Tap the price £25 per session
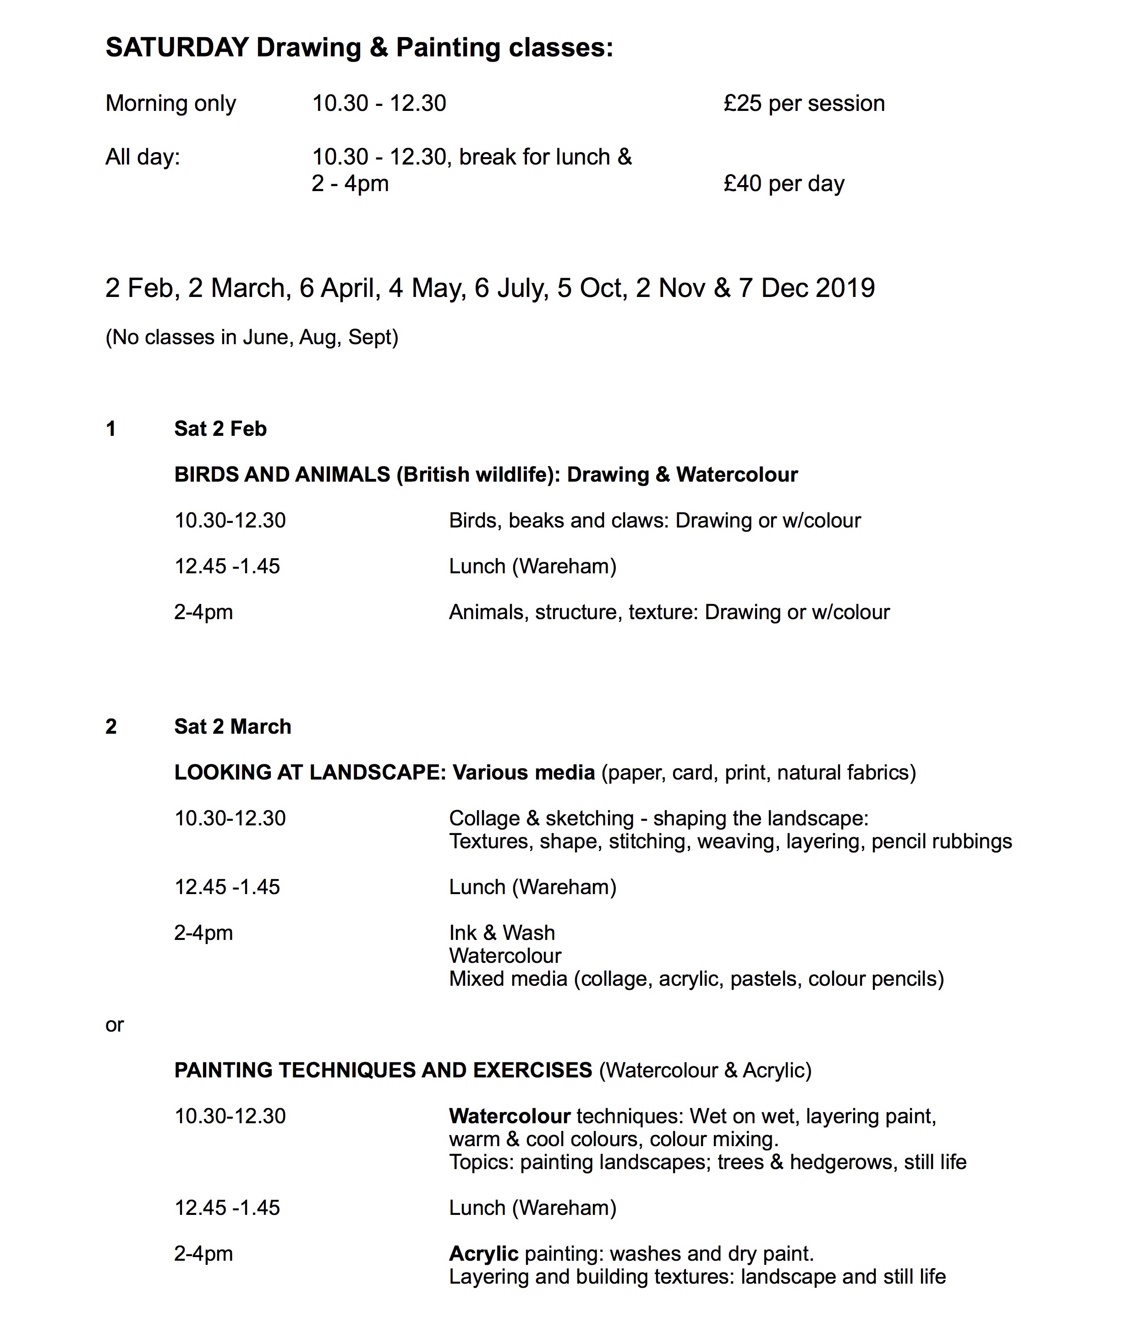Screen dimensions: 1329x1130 point(803,104)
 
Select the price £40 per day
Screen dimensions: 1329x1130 point(784,184)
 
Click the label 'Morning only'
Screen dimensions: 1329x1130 point(170,104)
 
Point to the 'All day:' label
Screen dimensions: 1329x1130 point(142,157)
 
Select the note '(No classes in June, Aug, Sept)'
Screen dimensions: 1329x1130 point(252,338)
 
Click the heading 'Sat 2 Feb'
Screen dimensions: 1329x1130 point(220,428)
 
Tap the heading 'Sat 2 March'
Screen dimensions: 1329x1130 point(232,726)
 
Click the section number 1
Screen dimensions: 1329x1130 point(111,428)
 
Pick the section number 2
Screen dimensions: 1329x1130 point(111,726)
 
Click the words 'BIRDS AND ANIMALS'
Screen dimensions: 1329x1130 point(282,475)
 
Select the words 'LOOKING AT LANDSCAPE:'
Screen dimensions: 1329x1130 point(310,772)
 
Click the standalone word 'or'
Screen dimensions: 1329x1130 point(114,1024)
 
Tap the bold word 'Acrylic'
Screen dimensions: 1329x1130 point(483,1253)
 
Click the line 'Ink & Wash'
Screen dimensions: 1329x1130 point(502,933)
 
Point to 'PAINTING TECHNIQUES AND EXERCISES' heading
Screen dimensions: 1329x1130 point(383,1070)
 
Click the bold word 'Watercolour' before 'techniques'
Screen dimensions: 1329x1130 point(509,1116)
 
